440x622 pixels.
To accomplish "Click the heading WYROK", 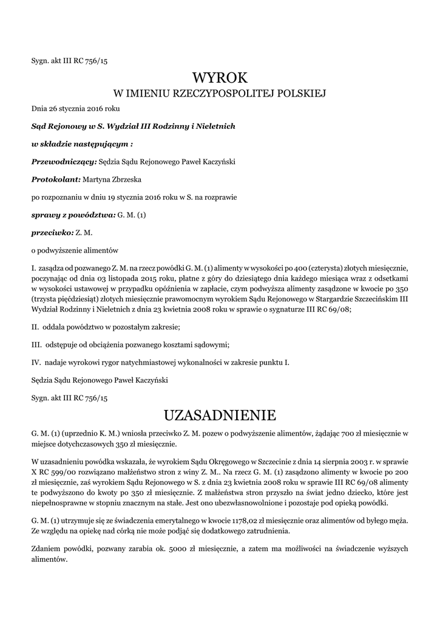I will [220, 78].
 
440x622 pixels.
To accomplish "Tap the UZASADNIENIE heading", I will [220, 415].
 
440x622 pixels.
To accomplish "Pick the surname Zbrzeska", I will [126, 179].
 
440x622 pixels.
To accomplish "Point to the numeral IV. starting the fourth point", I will [36, 363].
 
